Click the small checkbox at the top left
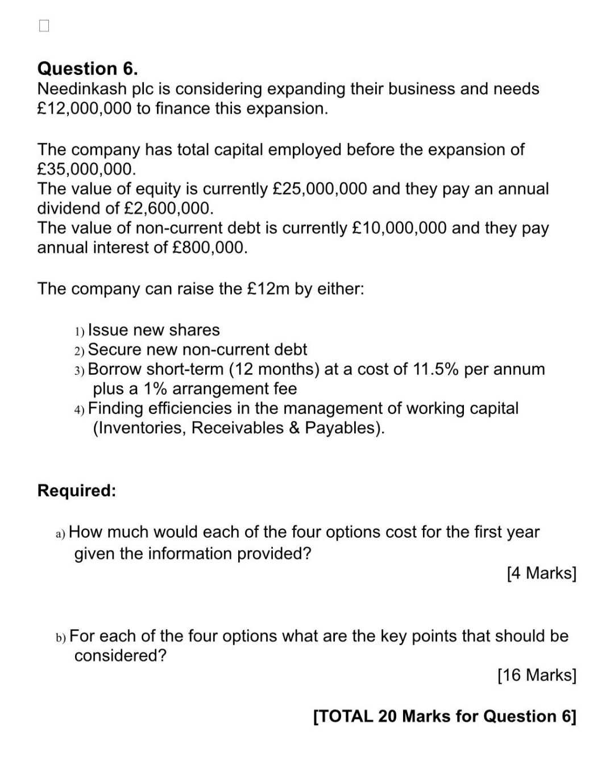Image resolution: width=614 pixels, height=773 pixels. click(x=44, y=26)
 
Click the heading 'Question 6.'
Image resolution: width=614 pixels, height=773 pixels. click(x=88, y=69)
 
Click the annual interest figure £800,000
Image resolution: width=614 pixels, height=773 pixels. click(x=209, y=248)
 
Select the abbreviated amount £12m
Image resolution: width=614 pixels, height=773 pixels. click(x=269, y=289)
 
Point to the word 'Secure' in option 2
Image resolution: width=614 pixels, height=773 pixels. click(x=115, y=350)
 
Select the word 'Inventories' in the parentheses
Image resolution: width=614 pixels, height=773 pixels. click(x=142, y=428)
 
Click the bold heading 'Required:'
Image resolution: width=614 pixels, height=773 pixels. click(x=77, y=491)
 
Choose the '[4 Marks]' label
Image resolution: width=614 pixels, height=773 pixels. click(x=541, y=574)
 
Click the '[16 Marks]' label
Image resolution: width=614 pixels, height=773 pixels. click(x=537, y=675)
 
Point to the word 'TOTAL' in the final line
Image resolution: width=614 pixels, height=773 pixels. click(x=345, y=717)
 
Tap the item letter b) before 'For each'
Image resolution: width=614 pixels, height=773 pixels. click(x=60, y=637)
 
